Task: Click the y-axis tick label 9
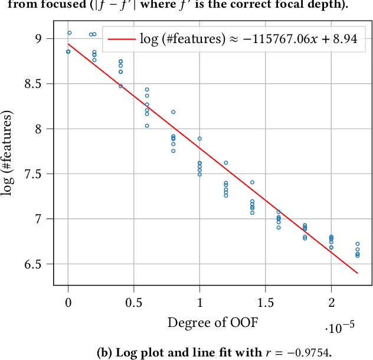(39, 38)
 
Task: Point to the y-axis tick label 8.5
(34, 84)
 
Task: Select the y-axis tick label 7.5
(34, 174)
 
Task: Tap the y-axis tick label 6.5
(34, 264)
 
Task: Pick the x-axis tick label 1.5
(266, 303)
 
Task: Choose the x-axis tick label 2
(331, 303)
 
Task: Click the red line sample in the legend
(120, 40)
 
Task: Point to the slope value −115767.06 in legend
(273, 40)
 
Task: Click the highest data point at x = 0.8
(174, 112)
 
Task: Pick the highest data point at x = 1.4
(252, 182)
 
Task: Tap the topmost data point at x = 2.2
(358, 244)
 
